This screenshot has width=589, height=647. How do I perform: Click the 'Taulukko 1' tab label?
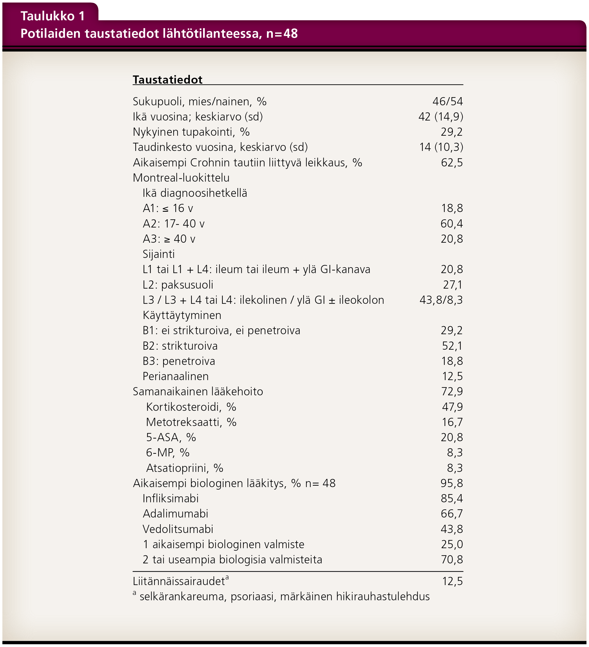53,16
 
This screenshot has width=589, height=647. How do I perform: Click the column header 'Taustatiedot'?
167,80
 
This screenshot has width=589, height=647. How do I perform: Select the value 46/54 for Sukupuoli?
447,101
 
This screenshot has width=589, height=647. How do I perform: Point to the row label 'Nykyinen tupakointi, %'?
191,132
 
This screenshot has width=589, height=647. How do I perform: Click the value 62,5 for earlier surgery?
451,162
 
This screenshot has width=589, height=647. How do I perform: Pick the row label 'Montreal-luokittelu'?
181,178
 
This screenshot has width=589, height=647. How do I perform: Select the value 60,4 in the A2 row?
451,224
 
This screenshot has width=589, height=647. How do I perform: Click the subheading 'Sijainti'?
158,254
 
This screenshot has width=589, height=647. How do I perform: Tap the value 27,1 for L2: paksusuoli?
452,285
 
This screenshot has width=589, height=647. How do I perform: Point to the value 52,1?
452,346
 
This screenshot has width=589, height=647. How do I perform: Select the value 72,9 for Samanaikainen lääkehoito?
452,392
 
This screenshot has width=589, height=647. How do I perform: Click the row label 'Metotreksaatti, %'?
191,422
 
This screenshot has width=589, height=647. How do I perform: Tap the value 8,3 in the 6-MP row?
455,452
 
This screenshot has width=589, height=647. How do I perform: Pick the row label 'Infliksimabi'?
170,498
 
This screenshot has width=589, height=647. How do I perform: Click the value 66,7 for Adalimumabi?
451,514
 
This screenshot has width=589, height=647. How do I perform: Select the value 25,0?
451,544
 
